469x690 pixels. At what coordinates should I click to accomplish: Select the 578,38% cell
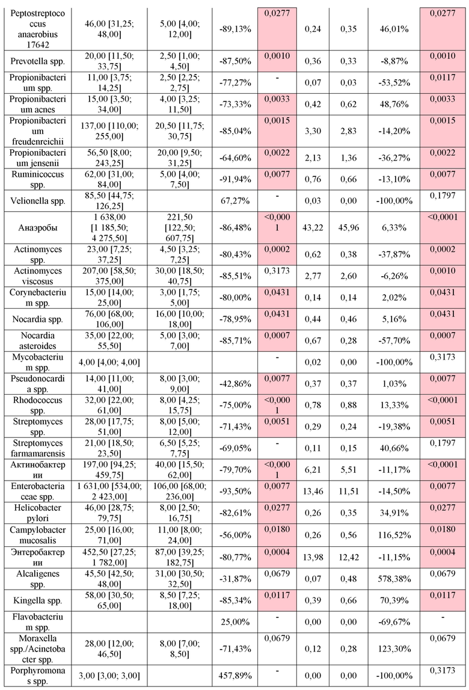click(x=394, y=579)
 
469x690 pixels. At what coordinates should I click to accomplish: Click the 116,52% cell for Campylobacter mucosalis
click(x=394, y=535)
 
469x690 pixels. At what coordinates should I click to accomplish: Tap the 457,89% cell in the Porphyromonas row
click(x=235, y=676)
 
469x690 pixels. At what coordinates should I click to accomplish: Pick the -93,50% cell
click(x=235, y=491)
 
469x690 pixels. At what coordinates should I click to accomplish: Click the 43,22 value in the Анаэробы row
click(x=313, y=228)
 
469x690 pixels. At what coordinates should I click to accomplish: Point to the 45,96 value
click(x=349, y=228)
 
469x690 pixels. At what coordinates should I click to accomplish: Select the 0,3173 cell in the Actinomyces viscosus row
click(x=277, y=271)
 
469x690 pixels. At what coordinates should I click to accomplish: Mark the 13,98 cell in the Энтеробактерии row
click(x=313, y=558)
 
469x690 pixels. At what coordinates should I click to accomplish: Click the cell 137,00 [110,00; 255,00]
click(x=109, y=131)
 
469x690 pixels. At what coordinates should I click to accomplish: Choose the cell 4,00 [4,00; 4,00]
click(x=109, y=363)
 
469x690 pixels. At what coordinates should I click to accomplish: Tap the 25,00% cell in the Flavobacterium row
click(x=235, y=622)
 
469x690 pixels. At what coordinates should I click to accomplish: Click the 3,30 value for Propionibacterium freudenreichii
click(x=313, y=131)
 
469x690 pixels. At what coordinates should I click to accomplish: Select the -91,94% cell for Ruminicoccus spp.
click(x=235, y=179)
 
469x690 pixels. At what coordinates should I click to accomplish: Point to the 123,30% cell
click(x=394, y=649)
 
